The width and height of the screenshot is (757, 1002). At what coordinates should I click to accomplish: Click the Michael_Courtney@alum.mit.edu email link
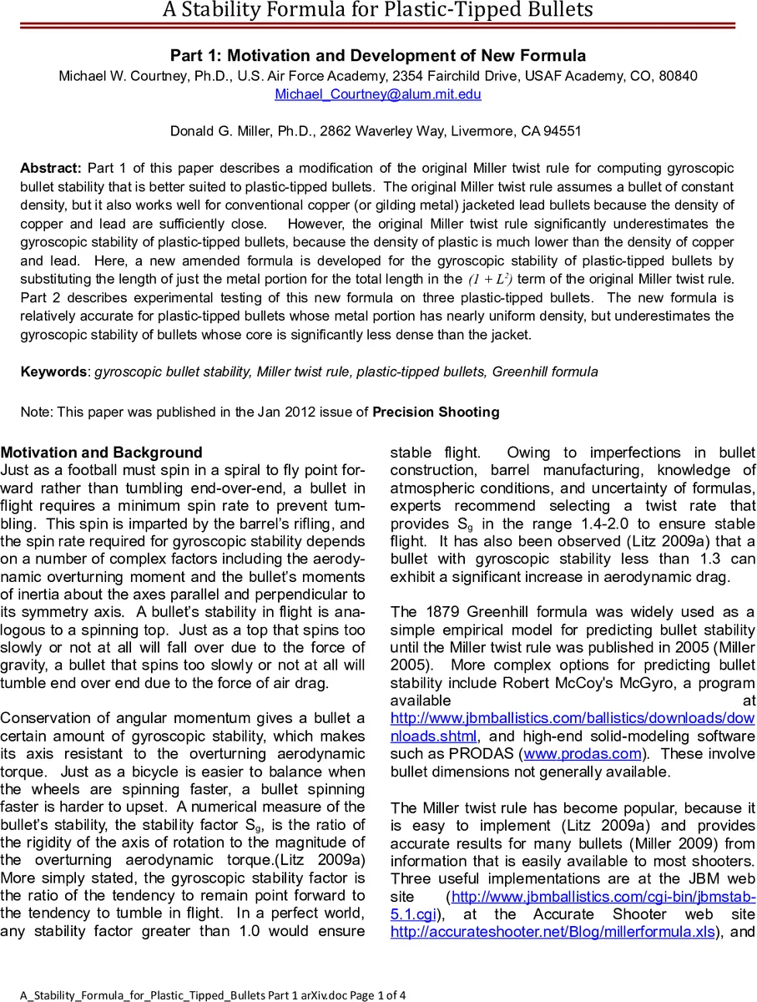[x=378, y=94]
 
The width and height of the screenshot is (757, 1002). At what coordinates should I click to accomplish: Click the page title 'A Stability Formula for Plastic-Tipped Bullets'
[x=378, y=11]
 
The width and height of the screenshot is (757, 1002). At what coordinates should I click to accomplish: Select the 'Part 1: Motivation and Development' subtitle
[x=378, y=56]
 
